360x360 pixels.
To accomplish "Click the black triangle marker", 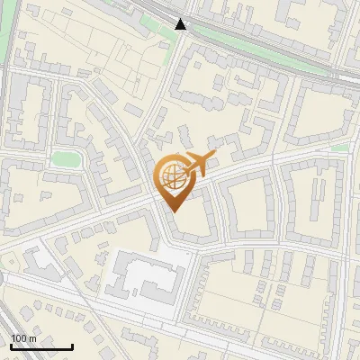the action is point(181,24).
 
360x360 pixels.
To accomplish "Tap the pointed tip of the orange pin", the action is point(172,211).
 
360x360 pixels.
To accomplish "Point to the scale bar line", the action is point(41,346).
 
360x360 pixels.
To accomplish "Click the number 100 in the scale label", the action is point(17,338).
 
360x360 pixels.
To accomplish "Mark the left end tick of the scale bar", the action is point(11,346).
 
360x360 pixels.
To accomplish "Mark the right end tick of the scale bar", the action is point(72,346).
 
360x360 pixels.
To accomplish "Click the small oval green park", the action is point(66,159).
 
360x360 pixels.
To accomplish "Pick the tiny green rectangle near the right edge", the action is point(339,147).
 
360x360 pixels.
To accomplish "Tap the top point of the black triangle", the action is point(181,19).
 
